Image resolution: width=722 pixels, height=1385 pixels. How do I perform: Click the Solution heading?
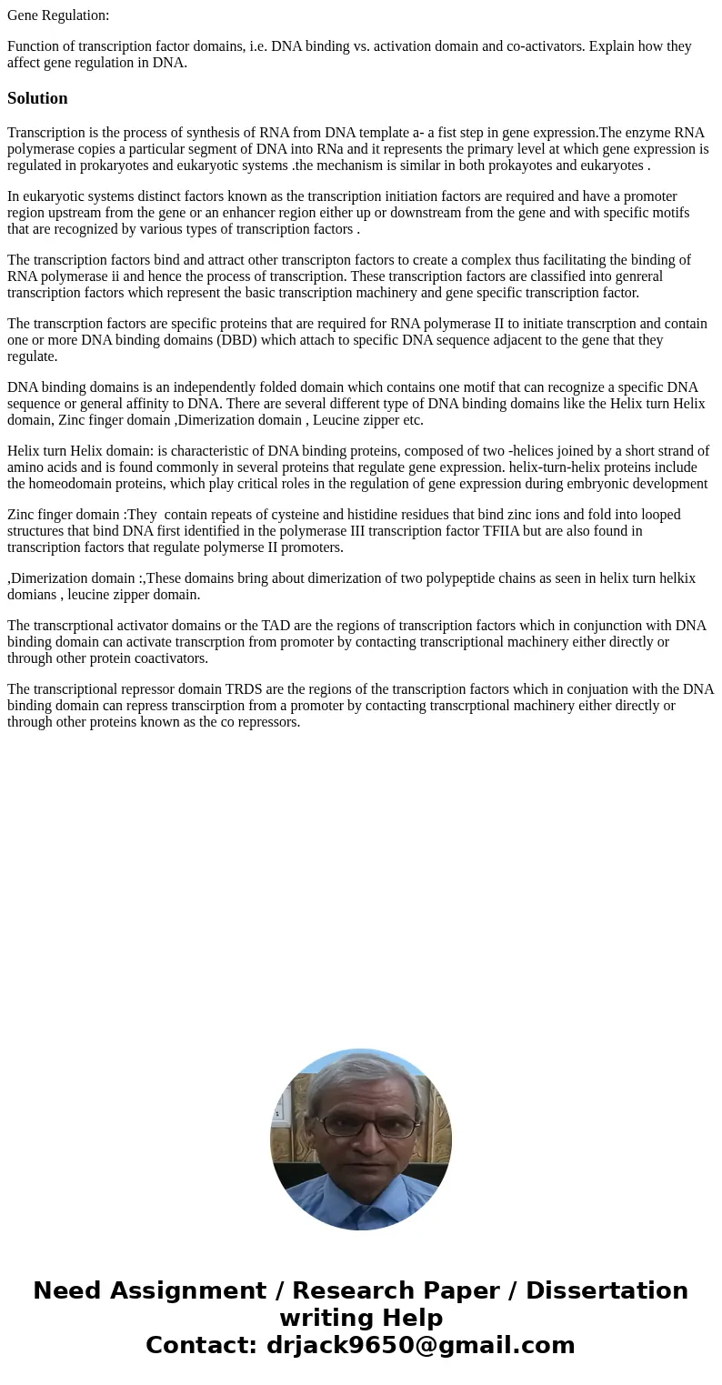click(x=37, y=98)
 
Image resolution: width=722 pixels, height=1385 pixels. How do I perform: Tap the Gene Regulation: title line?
click(x=58, y=15)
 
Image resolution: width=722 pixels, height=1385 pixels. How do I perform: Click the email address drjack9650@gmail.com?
click(x=421, y=1346)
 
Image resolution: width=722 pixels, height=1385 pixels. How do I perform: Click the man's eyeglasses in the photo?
click(x=367, y=1126)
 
